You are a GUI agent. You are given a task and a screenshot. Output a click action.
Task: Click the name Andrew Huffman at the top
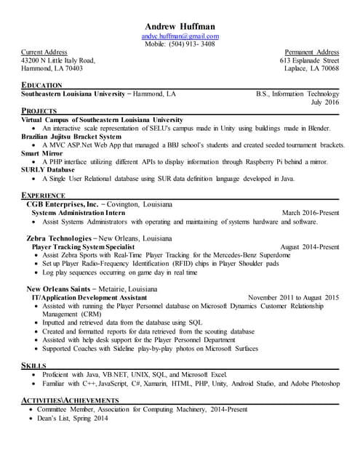pyautogui.click(x=180, y=26)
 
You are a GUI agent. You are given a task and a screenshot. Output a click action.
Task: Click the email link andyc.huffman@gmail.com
pyautogui.click(x=180, y=36)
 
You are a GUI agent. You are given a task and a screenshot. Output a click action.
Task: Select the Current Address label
pyautogui.click(x=44, y=52)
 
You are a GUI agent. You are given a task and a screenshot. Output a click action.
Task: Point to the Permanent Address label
pyautogui.click(x=312, y=52)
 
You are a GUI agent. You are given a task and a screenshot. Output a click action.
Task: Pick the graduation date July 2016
pyautogui.click(x=325, y=102)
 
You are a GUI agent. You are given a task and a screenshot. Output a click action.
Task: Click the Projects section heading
pyautogui.click(x=39, y=111)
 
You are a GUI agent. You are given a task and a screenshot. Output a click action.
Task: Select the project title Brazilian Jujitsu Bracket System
pyautogui.click(x=71, y=136)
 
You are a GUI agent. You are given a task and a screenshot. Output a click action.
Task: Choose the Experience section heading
pyautogui.click(x=44, y=195)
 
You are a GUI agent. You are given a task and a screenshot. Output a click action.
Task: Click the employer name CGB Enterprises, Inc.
pyautogui.click(x=62, y=205)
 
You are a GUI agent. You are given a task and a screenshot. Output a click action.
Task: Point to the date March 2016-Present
pyautogui.click(x=311, y=213)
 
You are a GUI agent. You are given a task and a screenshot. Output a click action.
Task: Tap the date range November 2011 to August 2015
pyautogui.click(x=294, y=298)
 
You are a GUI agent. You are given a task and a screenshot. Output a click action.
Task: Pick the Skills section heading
pyautogui.click(x=33, y=365)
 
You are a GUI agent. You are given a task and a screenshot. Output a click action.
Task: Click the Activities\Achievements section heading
pyautogui.click(x=70, y=400)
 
